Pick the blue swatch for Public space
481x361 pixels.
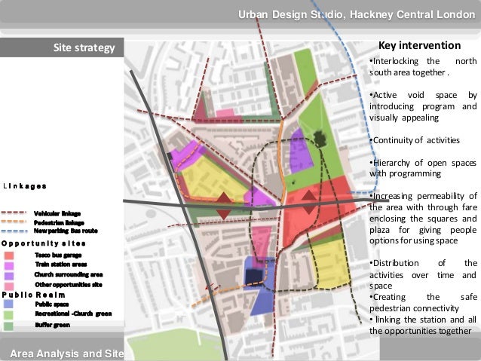point(8,303)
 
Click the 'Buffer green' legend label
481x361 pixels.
point(51,324)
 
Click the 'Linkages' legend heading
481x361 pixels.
point(25,185)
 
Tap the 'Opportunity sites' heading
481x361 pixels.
point(43,243)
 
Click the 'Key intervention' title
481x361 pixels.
point(419,46)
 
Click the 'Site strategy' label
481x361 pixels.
point(83,49)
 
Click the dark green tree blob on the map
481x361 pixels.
point(320,138)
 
